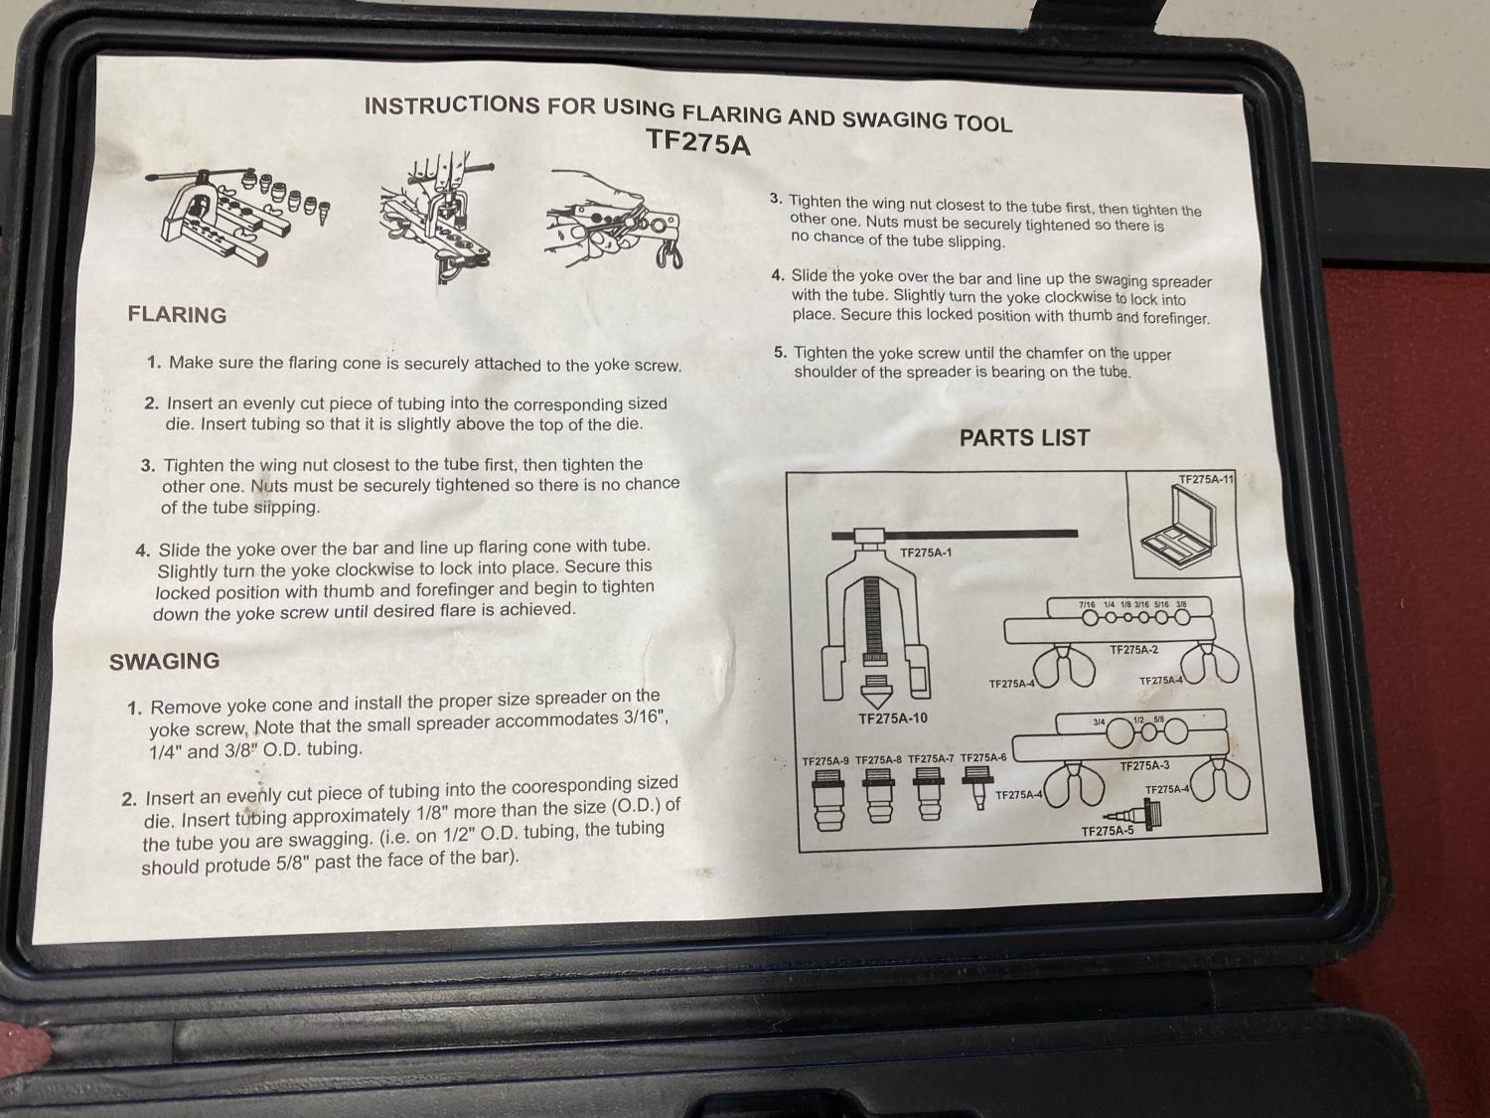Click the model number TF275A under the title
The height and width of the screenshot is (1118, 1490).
click(x=698, y=142)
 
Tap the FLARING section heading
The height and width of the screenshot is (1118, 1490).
click(x=177, y=315)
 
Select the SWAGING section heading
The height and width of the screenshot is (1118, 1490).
click(x=164, y=661)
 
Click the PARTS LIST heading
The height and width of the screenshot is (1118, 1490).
click(x=1024, y=438)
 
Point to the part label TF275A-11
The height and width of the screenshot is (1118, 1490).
click(x=1206, y=479)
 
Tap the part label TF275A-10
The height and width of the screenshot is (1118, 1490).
click(x=893, y=719)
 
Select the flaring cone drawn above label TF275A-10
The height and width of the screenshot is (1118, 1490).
click(x=876, y=693)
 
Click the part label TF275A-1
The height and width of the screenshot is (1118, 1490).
click(x=926, y=553)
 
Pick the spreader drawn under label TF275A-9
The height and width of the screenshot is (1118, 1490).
click(x=828, y=800)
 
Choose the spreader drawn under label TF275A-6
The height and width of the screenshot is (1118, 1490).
click(x=977, y=786)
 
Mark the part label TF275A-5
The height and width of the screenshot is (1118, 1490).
click(x=1108, y=831)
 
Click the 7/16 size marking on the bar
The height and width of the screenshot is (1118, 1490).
click(x=1087, y=604)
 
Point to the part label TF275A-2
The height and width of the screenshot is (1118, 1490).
click(x=1133, y=650)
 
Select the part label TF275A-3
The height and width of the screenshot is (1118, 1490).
click(x=1144, y=765)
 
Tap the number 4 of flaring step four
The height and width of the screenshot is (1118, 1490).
click(x=143, y=550)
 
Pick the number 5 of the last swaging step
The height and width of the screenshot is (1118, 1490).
click(x=781, y=353)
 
